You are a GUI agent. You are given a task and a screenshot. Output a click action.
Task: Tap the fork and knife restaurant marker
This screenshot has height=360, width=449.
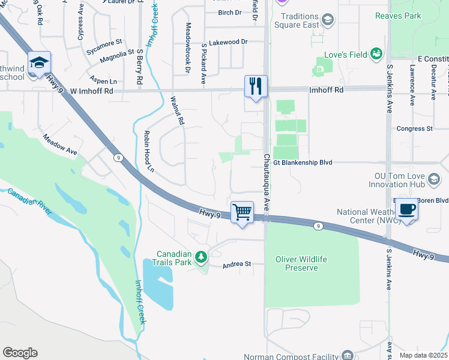coord(256,86)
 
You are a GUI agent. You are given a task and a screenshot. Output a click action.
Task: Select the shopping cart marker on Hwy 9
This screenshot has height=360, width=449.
coord(242,212)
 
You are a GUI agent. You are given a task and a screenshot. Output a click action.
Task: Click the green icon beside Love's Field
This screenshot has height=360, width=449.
coord(376,55)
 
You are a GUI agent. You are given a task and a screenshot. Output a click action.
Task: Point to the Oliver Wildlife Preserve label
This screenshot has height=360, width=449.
coord(301,263)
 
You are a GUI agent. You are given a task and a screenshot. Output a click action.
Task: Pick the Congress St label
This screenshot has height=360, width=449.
coord(415,128)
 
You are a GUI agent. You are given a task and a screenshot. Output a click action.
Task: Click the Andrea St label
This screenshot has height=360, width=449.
coord(235,265)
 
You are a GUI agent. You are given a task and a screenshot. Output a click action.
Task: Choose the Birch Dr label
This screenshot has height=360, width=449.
coord(229,13)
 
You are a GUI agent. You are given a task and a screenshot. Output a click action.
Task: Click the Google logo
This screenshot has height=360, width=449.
coord(20,353)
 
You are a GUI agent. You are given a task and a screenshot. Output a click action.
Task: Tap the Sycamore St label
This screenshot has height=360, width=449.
coord(104,43)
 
